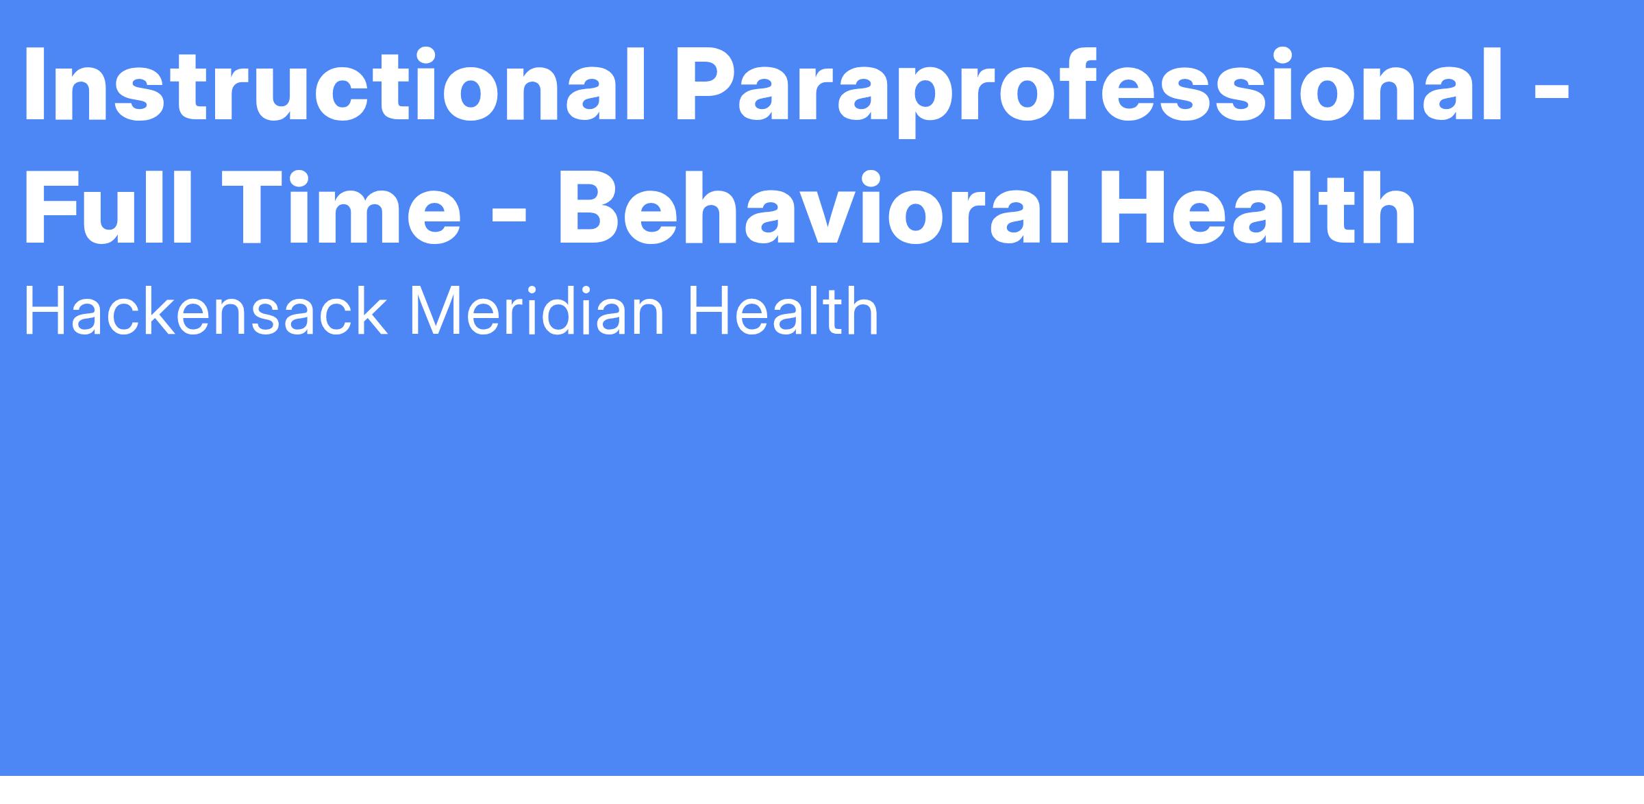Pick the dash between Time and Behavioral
510,217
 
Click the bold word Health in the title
1258,206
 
